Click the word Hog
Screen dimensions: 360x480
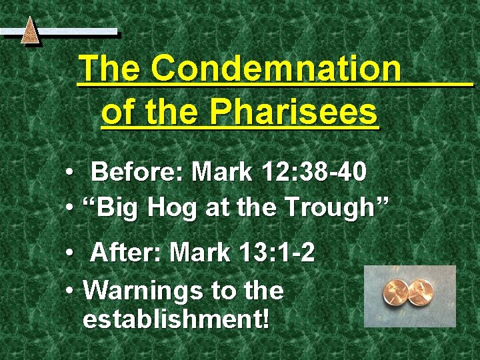pyautogui.click(x=175, y=210)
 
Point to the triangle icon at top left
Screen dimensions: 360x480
pyautogui.click(x=30, y=31)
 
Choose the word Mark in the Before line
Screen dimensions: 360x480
pyautogui.click(x=221, y=173)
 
